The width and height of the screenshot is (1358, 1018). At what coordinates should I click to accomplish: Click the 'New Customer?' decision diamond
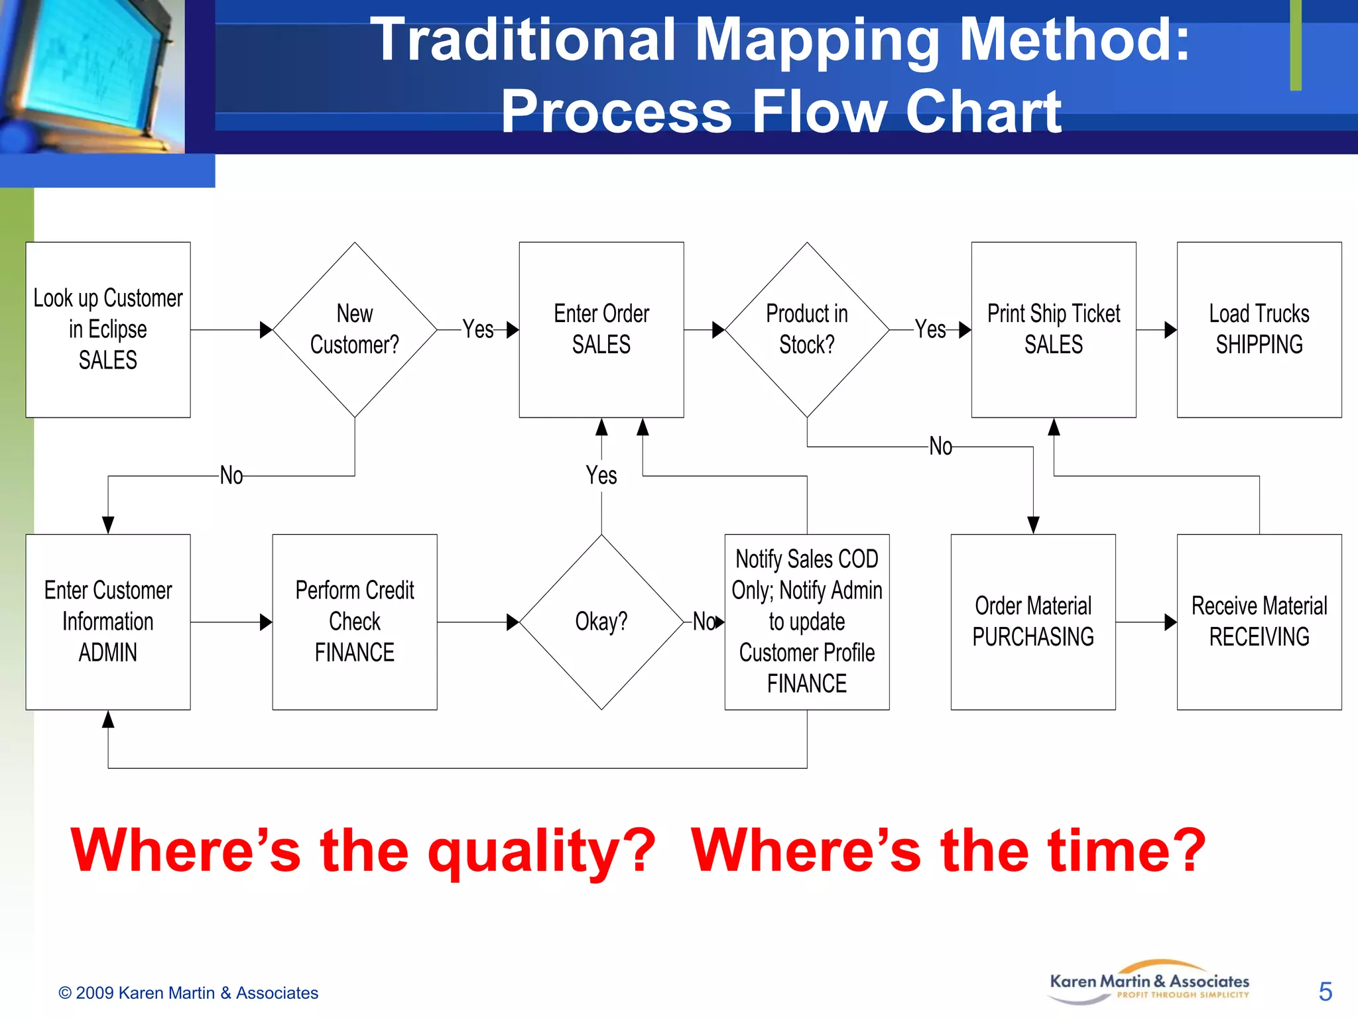pos(355,329)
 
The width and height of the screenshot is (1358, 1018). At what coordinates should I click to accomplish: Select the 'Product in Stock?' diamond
pos(807,329)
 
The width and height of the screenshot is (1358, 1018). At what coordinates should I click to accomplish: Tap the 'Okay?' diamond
pos(601,622)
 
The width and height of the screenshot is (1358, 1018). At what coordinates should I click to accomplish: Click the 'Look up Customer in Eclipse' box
pos(108,329)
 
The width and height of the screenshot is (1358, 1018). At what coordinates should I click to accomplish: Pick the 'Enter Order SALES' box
pos(601,329)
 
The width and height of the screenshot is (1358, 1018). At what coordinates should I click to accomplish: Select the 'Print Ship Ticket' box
pos(1054,329)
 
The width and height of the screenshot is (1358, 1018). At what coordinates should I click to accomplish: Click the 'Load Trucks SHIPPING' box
pos(1259,329)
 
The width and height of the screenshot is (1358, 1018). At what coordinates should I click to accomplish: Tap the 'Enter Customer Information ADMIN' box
pos(108,622)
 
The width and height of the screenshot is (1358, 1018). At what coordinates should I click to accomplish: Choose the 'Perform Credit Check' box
pos(355,622)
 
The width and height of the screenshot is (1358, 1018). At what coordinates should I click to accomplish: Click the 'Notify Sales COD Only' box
pos(807,622)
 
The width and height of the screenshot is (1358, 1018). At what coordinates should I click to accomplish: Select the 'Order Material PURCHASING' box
pos(1033,622)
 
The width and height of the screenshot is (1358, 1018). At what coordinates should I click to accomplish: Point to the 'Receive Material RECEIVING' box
pos(1259,622)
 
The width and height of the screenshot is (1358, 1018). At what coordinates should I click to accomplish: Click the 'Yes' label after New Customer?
pos(477,329)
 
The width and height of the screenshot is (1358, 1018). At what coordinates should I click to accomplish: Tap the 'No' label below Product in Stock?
pos(940,447)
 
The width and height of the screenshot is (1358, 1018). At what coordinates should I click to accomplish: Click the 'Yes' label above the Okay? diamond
pos(601,475)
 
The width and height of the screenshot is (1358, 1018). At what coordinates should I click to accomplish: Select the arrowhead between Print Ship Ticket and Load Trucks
pos(1170,329)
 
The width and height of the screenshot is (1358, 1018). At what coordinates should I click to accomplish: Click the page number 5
pos(1325,991)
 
